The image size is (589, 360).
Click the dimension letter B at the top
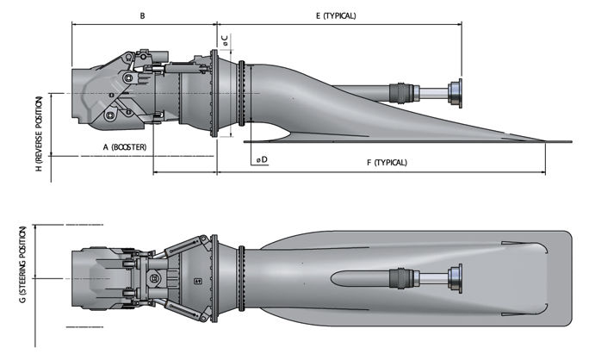click(142, 16)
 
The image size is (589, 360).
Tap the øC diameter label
click(224, 40)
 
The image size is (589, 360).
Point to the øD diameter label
click(261, 158)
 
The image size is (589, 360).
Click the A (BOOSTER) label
click(124, 147)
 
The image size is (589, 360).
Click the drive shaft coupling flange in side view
click(453, 92)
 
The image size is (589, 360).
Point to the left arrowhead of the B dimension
click(75, 25)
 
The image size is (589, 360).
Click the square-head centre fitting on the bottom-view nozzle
click(154, 278)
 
